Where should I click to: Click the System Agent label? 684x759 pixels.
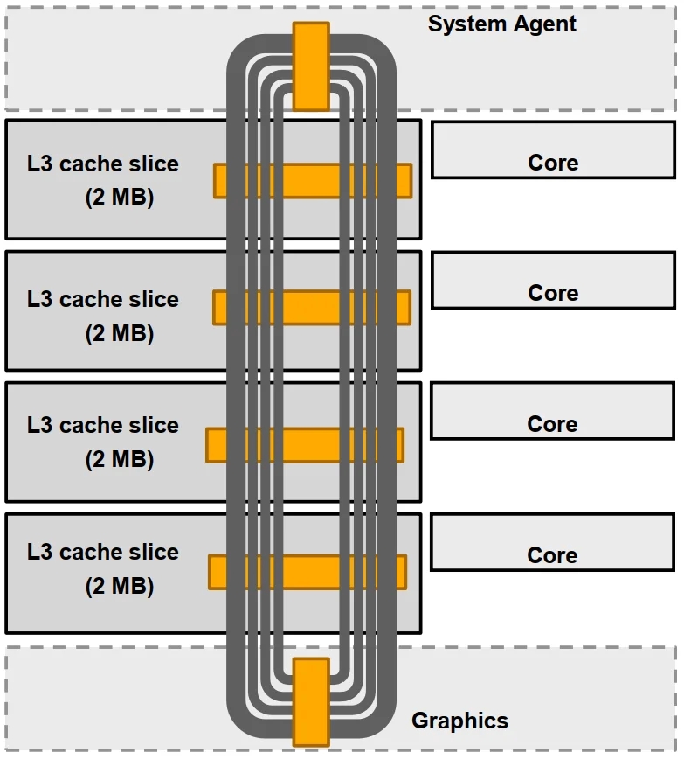click(x=501, y=24)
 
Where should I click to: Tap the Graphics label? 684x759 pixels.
click(x=459, y=721)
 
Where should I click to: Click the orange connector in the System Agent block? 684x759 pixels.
click(x=311, y=66)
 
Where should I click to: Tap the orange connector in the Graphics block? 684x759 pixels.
click(x=311, y=701)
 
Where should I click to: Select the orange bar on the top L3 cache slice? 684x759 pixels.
click(x=313, y=181)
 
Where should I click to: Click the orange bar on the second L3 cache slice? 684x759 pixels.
click(x=312, y=308)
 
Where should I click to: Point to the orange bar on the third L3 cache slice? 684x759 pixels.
click(x=305, y=445)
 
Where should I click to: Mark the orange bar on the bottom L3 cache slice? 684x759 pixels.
click(x=307, y=572)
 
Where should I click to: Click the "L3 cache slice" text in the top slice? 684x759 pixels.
click(x=103, y=164)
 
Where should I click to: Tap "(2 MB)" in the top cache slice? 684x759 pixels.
click(x=120, y=198)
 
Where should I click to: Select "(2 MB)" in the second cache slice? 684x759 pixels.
click(x=120, y=333)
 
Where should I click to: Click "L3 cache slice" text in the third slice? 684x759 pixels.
click(x=103, y=425)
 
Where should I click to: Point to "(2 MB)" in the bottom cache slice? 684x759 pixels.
click(x=120, y=586)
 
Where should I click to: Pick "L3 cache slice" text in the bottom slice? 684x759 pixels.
click(x=103, y=552)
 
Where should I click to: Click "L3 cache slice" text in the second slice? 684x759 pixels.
click(x=103, y=299)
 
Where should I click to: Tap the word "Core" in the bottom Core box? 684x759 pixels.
click(x=553, y=555)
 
